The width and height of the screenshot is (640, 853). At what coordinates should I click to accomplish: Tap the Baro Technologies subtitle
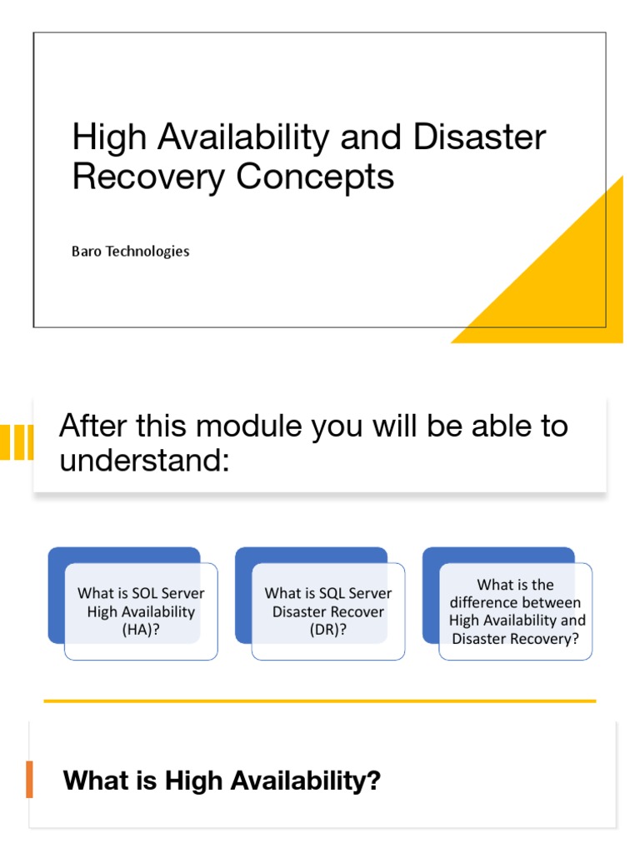131,251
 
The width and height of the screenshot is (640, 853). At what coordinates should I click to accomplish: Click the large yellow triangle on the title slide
567,283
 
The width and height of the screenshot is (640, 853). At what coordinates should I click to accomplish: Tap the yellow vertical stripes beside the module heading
17,442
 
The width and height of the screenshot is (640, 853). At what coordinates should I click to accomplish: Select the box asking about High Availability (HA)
141,611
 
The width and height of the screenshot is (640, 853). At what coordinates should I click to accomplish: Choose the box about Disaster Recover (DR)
327,611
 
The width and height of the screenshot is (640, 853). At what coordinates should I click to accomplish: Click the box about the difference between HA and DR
516,611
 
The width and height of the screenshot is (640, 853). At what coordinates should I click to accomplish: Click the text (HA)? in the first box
141,630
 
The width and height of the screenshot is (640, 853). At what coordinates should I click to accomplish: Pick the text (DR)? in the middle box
327,630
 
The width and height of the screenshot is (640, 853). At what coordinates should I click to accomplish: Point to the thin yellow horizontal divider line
320,701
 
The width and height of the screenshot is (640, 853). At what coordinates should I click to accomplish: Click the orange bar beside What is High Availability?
30,780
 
